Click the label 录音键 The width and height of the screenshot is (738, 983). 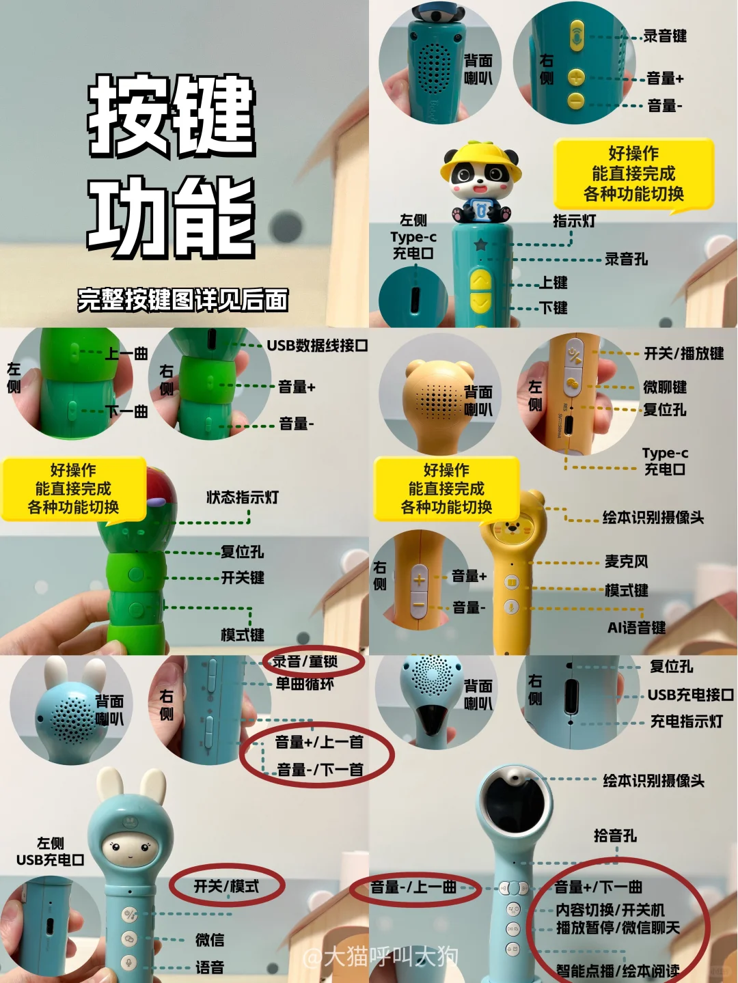[665, 36]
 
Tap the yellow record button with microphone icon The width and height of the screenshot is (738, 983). [576, 35]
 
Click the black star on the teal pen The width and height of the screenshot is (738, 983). [480, 245]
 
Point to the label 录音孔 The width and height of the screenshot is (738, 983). [626, 260]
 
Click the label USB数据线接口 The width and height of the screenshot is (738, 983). [317, 345]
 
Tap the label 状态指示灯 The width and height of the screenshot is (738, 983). [243, 497]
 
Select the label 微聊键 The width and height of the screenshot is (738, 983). [665, 387]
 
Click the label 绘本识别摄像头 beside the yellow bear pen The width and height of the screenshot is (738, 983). [653, 518]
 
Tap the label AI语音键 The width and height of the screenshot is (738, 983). [636, 628]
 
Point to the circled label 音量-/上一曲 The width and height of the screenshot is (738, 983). [413, 887]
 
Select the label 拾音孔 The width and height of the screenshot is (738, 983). [615, 835]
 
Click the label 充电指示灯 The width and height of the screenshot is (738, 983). [687, 721]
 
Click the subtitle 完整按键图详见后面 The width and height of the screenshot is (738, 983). [182, 300]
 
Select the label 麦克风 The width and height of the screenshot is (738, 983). [626, 562]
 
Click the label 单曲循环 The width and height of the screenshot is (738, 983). [305, 684]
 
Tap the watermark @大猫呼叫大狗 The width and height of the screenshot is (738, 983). [381, 957]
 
